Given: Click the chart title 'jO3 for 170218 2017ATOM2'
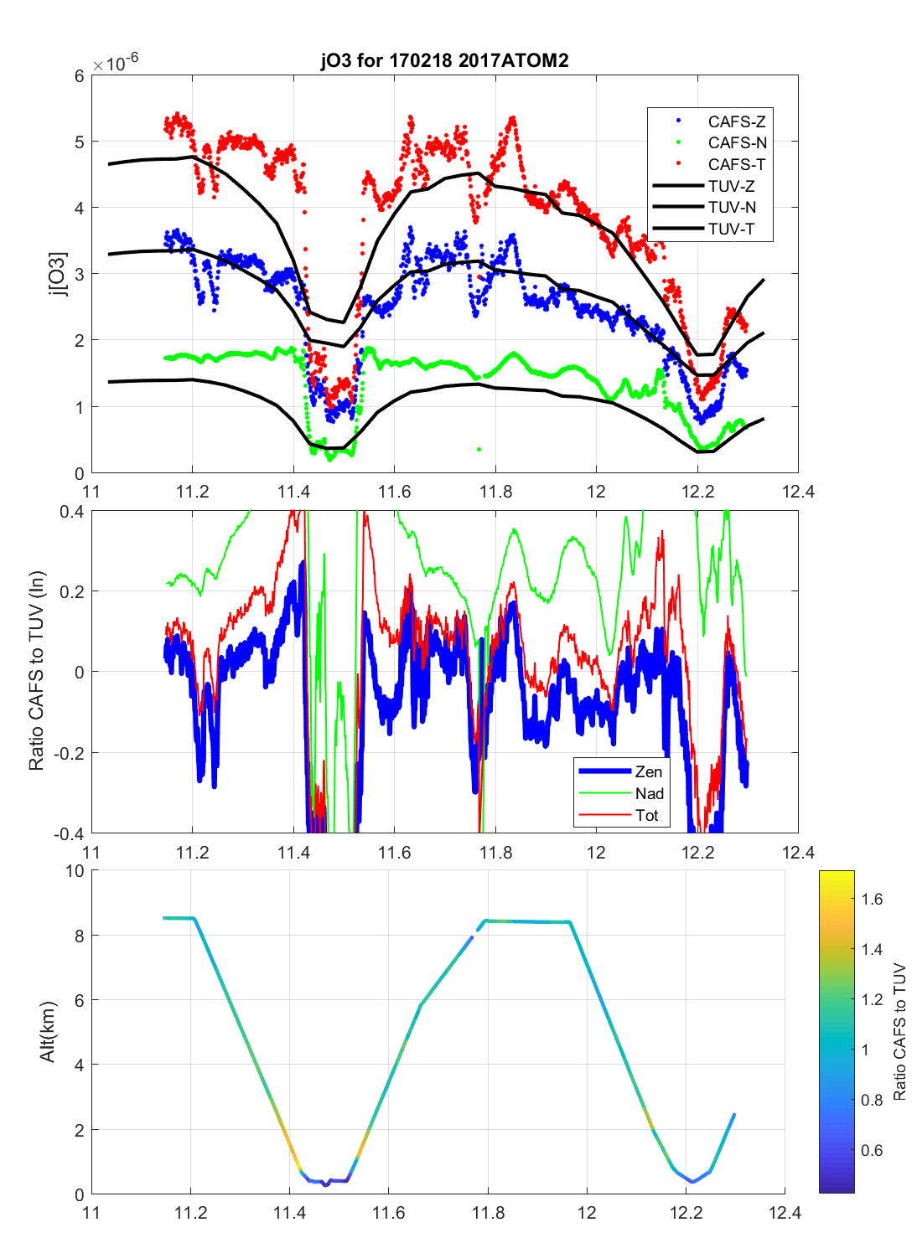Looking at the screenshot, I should tap(444, 60).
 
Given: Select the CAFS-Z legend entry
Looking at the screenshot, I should tap(736, 121).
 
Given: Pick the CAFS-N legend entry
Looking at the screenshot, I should tap(737, 143).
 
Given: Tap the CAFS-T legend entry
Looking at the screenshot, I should tap(736, 165).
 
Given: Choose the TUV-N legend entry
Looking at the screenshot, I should tap(732, 208).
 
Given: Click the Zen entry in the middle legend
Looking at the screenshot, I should tap(648, 772).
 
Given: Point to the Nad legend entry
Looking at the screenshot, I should tap(649, 794).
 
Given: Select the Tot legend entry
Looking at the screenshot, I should tap(646, 816).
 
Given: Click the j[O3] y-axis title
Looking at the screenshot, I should tap(57, 274).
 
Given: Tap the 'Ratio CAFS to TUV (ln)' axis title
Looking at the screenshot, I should tap(36, 671).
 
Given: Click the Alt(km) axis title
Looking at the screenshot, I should tap(48, 1031).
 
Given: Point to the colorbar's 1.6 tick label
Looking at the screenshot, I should tap(872, 900).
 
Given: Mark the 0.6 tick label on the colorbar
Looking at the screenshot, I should tap(872, 1151).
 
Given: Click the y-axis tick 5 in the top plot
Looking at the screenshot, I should tap(80, 142).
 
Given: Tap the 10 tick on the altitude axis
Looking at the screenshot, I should tap(75, 872).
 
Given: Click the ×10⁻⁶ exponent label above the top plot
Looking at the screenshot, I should tap(116, 64).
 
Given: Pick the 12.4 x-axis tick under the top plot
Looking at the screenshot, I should tap(798, 492).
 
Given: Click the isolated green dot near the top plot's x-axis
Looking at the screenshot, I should tap(479, 450).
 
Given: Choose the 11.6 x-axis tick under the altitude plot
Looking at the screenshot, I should tap(388, 1213).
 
